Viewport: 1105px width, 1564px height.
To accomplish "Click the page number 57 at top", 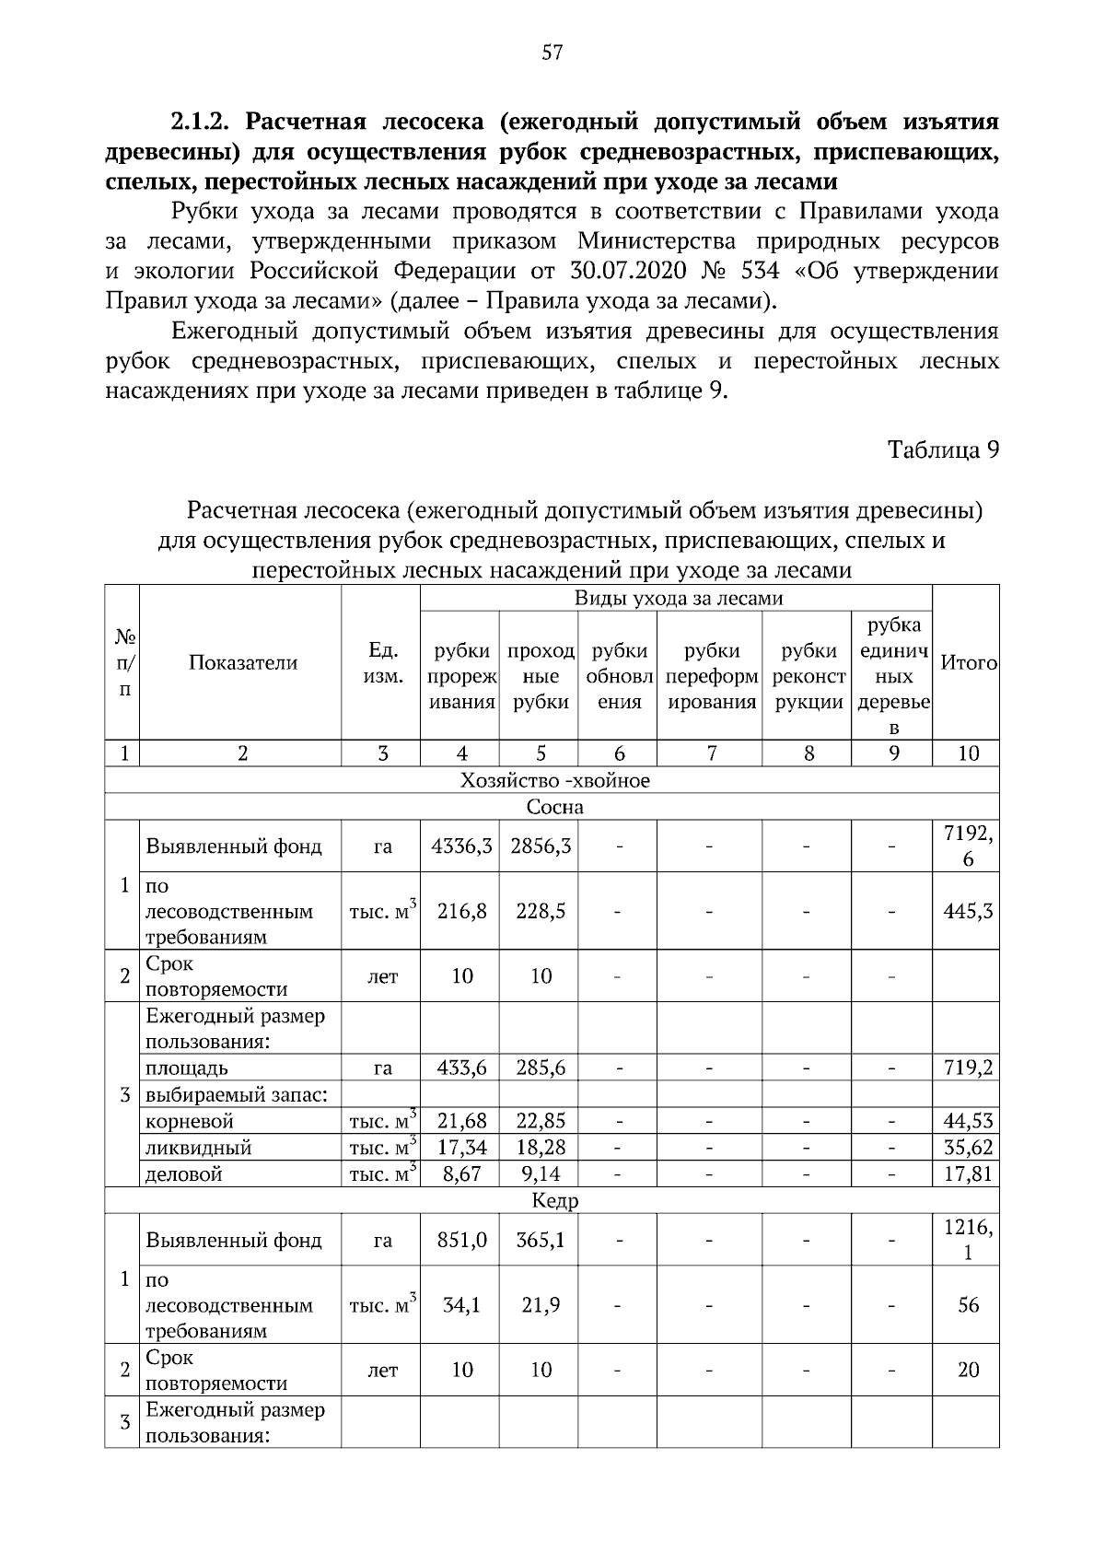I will click(552, 53).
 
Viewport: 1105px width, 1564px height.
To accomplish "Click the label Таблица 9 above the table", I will click(943, 449).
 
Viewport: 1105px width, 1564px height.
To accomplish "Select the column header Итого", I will click(968, 663).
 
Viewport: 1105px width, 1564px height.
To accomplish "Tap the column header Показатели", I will click(243, 663).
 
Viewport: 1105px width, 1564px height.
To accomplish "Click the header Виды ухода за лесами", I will click(679, 599).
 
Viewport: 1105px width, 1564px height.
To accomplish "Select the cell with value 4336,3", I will click(461, 846).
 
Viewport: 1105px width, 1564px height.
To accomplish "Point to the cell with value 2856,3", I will click(541, 846).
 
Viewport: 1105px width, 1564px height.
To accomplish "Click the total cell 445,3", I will click(968, 912).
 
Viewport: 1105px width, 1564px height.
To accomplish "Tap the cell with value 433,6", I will click(461, 1068).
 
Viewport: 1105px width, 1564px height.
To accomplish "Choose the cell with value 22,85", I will click(541, 1122).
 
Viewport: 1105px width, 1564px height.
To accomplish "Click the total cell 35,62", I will click(968, 1148).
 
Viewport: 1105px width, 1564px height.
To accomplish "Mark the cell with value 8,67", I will click(461, 1174).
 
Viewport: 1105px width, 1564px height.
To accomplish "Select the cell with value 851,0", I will click(461, 1241).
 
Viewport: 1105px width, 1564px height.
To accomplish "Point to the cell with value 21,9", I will click(541, 1305).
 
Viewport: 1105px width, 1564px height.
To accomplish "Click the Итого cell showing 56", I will click(968, 1305).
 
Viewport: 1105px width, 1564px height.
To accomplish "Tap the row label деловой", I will click(185, 1174).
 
